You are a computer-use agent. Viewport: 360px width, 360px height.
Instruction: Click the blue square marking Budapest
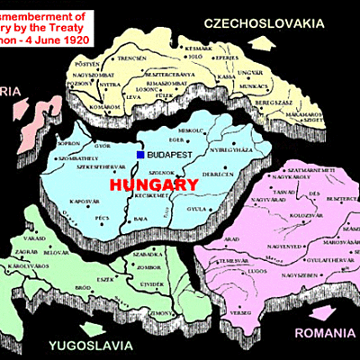(x=140, y=155)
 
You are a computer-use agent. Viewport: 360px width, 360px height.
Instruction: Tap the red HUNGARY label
(x=152, y=184)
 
